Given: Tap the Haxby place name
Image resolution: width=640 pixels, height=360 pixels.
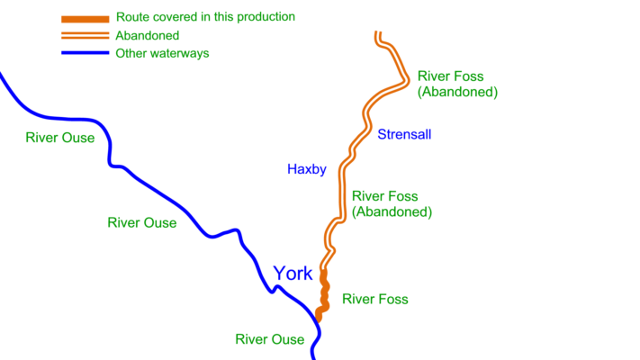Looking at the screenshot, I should [306, 168].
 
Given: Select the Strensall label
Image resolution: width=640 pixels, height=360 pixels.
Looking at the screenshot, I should [404, 134].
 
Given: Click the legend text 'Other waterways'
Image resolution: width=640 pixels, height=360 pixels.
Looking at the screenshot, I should [163, 54].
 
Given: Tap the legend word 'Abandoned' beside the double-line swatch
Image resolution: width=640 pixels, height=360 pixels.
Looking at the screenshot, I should [148, 36].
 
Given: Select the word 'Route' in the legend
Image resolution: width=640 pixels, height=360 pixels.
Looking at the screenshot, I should [131, 17].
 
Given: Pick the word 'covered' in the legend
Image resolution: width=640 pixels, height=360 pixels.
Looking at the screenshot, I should [173, 17].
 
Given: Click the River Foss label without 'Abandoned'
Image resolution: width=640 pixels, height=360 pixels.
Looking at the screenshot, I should [375, 299].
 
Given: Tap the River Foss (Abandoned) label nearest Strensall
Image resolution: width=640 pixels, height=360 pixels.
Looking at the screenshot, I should [457, 85].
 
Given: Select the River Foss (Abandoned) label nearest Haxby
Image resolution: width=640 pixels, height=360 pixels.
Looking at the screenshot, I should [392, 204].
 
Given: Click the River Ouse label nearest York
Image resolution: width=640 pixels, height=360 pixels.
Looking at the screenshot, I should [270, 339].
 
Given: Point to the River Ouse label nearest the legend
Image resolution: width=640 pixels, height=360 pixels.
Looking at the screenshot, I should [60, 138].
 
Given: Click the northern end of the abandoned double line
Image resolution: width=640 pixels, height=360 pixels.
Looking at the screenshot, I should [379, 35].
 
